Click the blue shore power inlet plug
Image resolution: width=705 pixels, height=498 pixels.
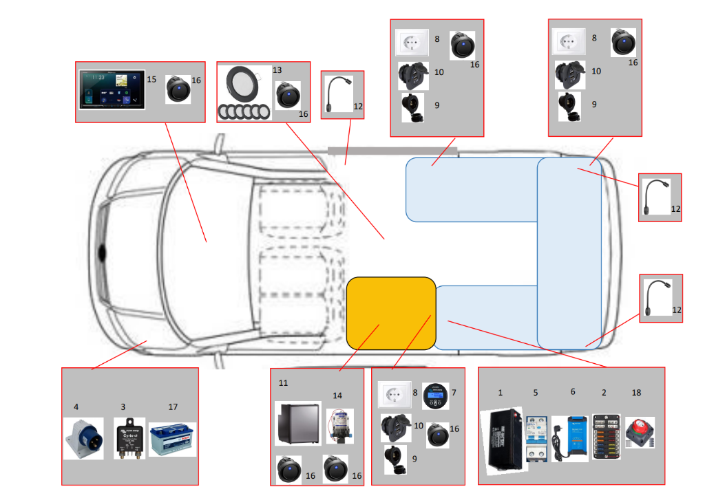click(x=84, y=438)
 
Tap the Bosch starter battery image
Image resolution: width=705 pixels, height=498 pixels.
click(x=172, y=439)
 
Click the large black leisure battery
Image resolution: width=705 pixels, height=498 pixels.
click(x=506, y=440)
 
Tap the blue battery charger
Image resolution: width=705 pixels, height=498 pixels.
click(x=570, y=437)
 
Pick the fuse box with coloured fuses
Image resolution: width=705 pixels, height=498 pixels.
click(x=606, y=437)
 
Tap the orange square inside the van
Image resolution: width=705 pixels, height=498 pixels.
click(x=391, y=312)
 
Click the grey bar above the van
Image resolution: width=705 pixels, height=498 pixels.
click(x=392, y=151)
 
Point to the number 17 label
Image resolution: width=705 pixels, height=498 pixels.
click(x=173, y=407)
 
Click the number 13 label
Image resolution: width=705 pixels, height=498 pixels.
click(x=277, y=70)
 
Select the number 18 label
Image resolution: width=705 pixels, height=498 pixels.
click(x=636, y=392)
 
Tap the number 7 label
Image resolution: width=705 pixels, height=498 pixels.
click(x=454, y=392)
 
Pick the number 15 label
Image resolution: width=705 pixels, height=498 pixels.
click(x=151, y=80)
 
